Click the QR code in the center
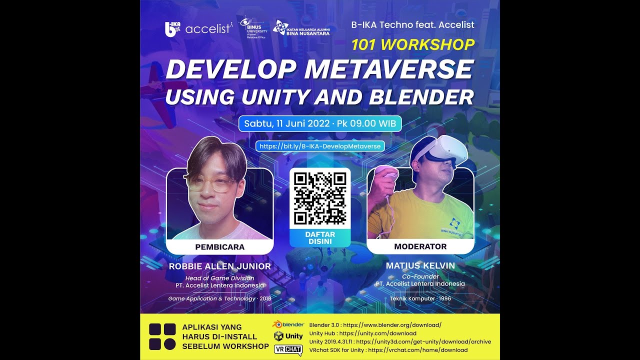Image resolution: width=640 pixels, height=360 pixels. click(x=320, y=198)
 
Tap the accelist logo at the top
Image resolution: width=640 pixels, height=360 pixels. click(x=208, y=29)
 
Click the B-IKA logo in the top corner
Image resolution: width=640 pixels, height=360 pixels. click(x=172, y=29)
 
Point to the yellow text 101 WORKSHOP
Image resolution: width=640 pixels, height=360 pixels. click(x=413, y=45)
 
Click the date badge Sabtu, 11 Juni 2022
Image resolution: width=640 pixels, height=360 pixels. click(x=320, y=123)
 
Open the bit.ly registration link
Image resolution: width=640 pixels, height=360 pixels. click(x=320, y=146)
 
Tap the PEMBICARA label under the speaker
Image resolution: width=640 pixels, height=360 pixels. click(x=220, y=247)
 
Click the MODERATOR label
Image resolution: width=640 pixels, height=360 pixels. click(x=420, y=246)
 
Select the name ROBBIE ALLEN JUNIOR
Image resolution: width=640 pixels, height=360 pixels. click(x=220, y=266)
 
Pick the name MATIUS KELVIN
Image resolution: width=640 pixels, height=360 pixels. click(x=420, y=265)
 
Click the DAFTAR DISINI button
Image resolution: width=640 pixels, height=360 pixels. click(x=320, y=238)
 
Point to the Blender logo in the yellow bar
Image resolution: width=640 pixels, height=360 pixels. click(x=288, y=324)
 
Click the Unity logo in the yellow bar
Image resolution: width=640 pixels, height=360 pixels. click(x=288, y=336)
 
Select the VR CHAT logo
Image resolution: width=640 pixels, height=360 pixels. click(x=288, y=349)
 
